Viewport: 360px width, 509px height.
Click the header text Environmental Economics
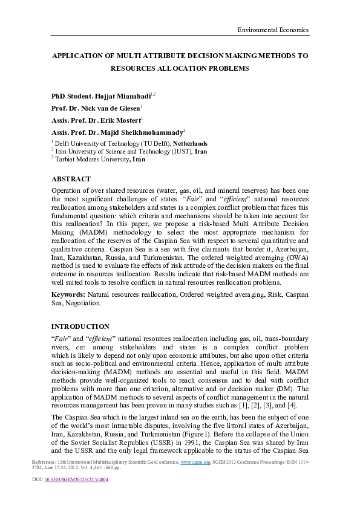273,30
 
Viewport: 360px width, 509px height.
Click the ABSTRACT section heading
71,179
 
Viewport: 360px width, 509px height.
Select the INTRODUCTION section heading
80,326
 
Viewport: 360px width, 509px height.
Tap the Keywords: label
68,294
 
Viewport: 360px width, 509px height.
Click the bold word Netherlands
193,143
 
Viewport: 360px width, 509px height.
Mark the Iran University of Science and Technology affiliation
124,151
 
